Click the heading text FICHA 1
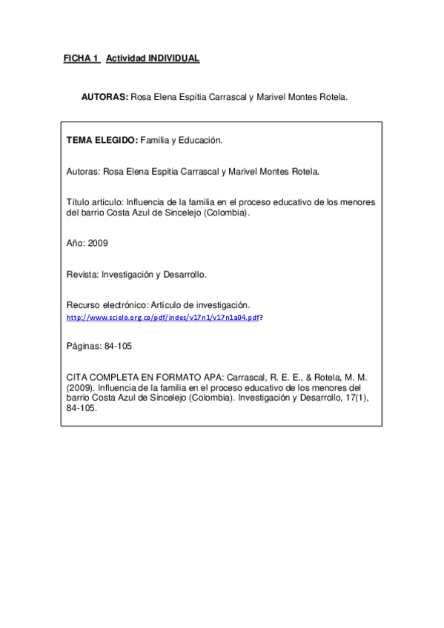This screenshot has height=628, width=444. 81,59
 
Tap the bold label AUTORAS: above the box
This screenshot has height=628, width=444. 105,97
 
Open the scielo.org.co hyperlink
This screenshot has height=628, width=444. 162,317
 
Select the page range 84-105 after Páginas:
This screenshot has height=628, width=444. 119,346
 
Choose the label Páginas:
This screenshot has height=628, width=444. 84,346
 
